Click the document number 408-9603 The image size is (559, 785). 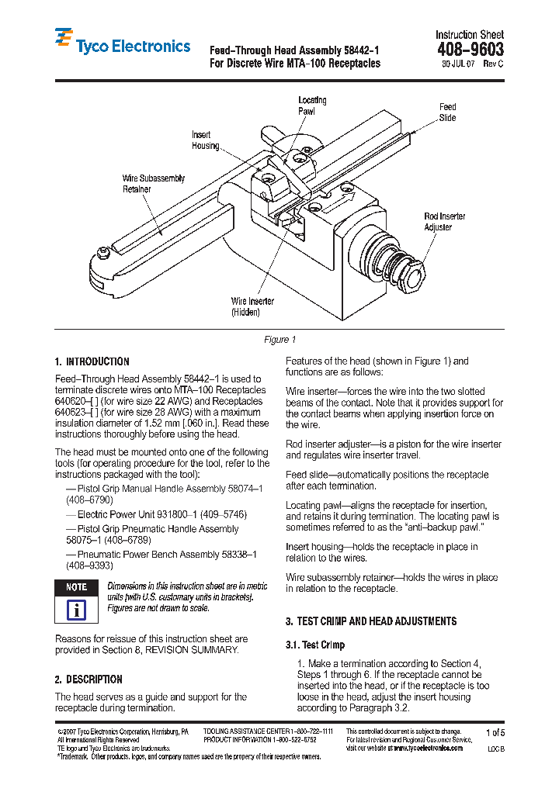click(470, 50)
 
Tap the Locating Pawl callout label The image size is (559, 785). click(312, 105)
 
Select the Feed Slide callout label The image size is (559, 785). click(447, 112)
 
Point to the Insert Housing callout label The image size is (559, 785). click(206, 140)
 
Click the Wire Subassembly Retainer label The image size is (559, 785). click(154, 184)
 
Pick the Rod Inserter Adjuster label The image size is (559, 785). click(444, 222)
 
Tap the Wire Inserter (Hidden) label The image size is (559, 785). click(252, 306)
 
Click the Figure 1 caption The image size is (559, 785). click(279, 340)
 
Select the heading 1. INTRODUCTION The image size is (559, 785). click(92, 361)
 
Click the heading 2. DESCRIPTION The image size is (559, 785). click(89, 680)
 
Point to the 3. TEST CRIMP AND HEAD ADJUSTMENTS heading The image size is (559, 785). click(371, 621)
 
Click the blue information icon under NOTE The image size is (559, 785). click(76, 609)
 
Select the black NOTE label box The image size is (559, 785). click(76, 587)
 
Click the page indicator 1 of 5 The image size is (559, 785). click(495, 732)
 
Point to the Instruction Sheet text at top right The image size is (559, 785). click(469, 34)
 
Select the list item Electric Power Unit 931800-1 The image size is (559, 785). click(161, 514)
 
